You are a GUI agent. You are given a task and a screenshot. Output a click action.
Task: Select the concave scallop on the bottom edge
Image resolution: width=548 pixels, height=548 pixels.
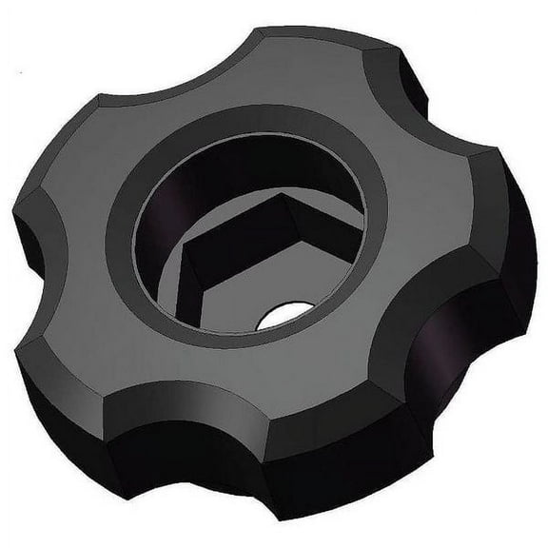(219, 447)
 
